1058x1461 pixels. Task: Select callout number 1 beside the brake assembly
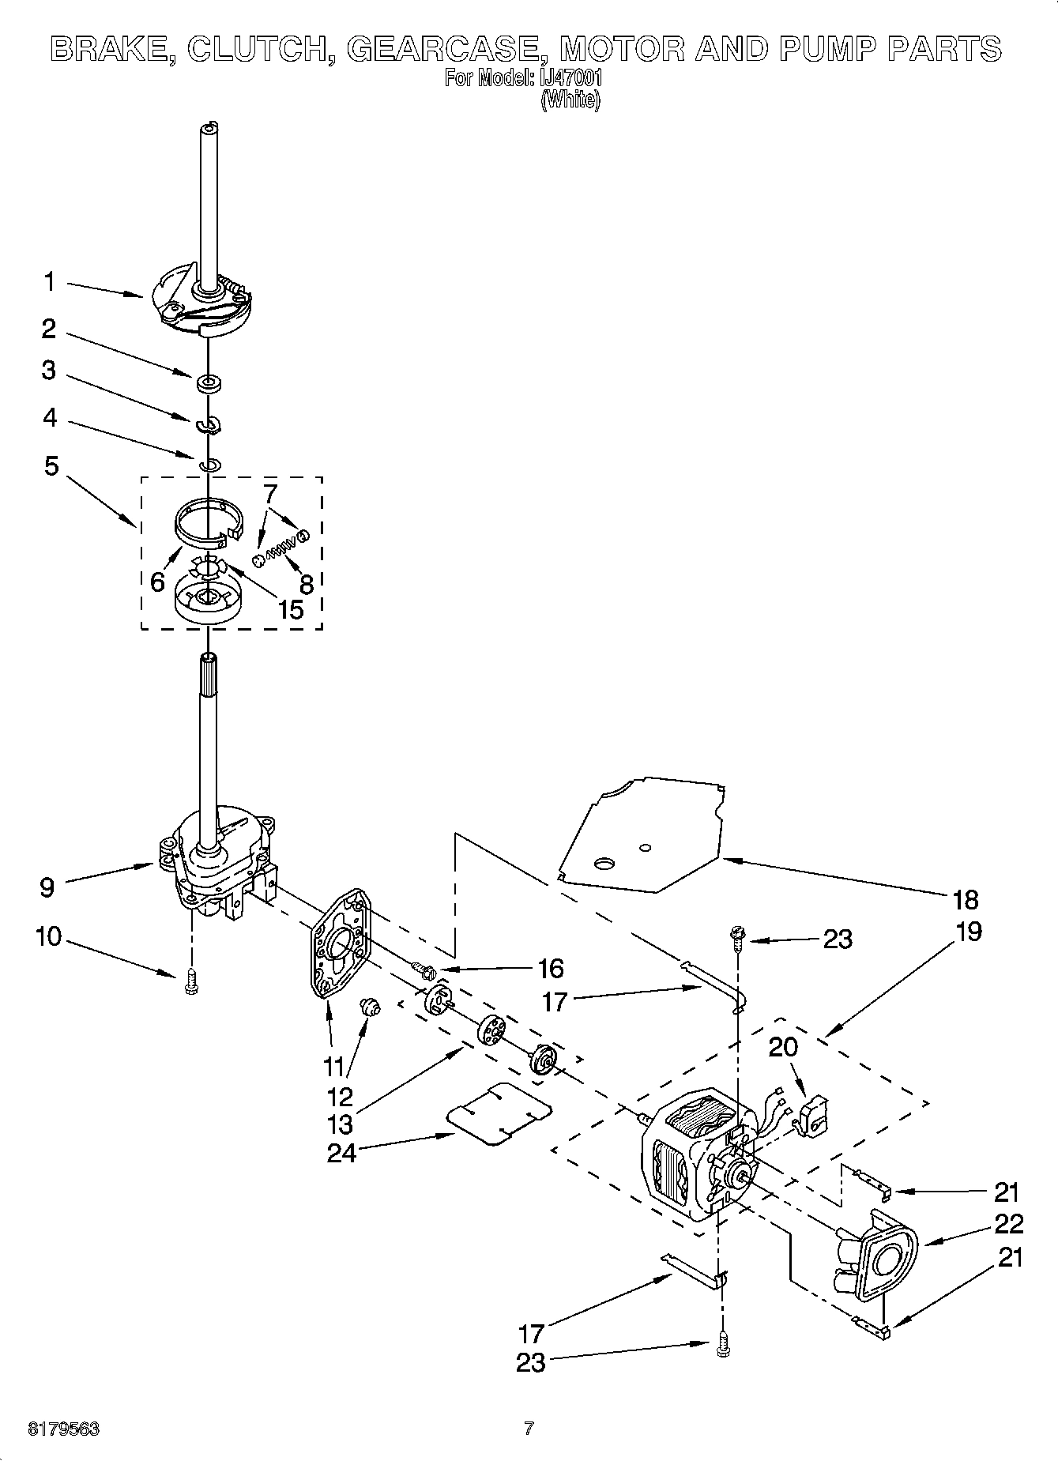(50, 281)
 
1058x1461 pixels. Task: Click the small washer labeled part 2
(209, 384)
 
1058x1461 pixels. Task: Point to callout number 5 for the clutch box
(51, 466)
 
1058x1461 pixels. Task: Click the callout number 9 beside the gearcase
(47, 887)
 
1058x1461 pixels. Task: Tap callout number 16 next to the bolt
(550, 968)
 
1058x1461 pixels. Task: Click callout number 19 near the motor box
(969, 932)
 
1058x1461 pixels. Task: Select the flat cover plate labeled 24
(499, 1114)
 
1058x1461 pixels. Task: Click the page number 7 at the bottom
(529, 1428)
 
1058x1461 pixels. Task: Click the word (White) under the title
(570, 100)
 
